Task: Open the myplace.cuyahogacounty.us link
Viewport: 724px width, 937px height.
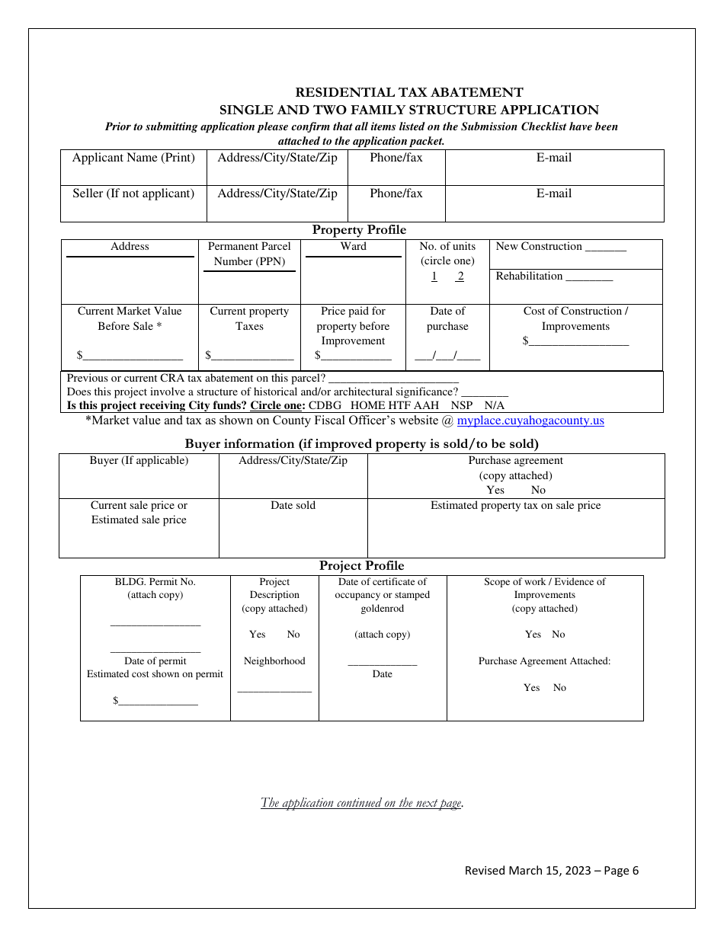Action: pos(530,421)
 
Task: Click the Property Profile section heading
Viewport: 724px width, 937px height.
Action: pos(359,230)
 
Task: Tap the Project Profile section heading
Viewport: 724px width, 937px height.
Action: pos(361,565)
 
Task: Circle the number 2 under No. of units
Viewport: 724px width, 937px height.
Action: pos(460,277)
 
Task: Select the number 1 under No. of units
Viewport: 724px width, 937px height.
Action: pos(434,277)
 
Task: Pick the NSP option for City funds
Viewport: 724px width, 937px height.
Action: pos(461,405)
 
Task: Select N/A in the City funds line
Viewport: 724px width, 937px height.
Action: pos(495,405)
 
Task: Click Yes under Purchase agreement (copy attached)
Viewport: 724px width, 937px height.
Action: pos(495,490)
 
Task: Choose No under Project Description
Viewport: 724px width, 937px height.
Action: pos(293,635)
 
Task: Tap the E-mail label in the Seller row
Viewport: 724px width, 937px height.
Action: pos(554,193)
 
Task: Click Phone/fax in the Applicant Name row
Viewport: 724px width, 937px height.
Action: pos(396,158)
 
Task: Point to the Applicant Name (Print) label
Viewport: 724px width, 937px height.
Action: pos(133,158)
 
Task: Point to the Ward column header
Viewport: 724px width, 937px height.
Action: pos(354,247)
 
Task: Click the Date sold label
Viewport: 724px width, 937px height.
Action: pos(293,505)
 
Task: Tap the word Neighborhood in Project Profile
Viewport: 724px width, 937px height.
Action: pos(274,661)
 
